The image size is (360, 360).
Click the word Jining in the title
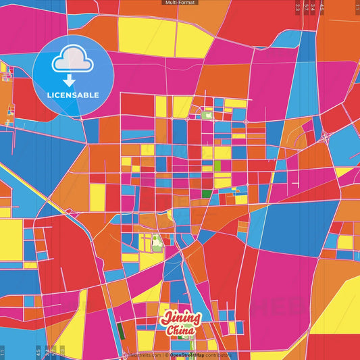181,317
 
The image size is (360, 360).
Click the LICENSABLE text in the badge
72,94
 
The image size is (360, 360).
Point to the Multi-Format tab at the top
180,3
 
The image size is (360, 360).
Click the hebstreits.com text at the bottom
143,355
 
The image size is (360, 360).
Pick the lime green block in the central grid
217,165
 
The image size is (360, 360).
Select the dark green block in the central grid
206,194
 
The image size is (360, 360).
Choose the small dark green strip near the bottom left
120,330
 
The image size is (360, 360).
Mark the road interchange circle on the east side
326,138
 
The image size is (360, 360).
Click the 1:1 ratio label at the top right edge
355,8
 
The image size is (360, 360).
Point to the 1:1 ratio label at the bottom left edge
3,352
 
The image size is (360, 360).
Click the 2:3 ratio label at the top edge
298,8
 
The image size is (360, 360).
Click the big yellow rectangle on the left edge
10,240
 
